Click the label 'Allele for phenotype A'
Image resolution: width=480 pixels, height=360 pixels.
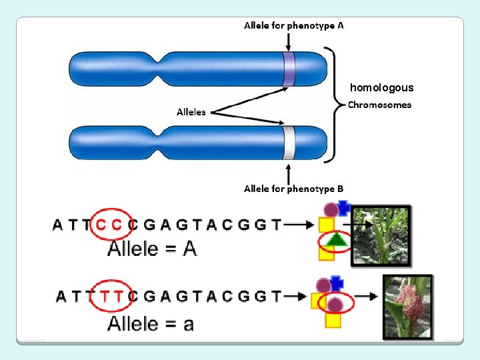pyautogui.click(x=294, y=25)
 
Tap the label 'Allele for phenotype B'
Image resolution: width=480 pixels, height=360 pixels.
pyautogui.click(x=294, y=189)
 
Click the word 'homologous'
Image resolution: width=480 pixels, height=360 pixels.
pyautogui.click(x=381, y=87)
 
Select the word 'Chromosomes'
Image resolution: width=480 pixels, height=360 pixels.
pyautogui.click(x=380, y=105)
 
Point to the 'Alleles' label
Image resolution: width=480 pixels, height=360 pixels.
pyautogui.click(x=191, y=112)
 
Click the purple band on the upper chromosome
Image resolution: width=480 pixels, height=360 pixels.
pyautogui.click(x=289, y=69)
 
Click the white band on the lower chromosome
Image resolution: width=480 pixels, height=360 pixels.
pyautogui.click(x=289, y=143)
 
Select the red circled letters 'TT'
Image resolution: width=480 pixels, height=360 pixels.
pyautogui.click(x=110, y=296)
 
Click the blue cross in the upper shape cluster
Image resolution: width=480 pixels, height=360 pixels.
pyautogui.click(x=343, y=207)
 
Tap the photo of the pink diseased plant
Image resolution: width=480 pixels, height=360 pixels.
pyautogui.click(x=407, y=307)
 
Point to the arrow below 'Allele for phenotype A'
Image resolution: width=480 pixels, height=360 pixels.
pyautogui.click(x=288, y=41)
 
